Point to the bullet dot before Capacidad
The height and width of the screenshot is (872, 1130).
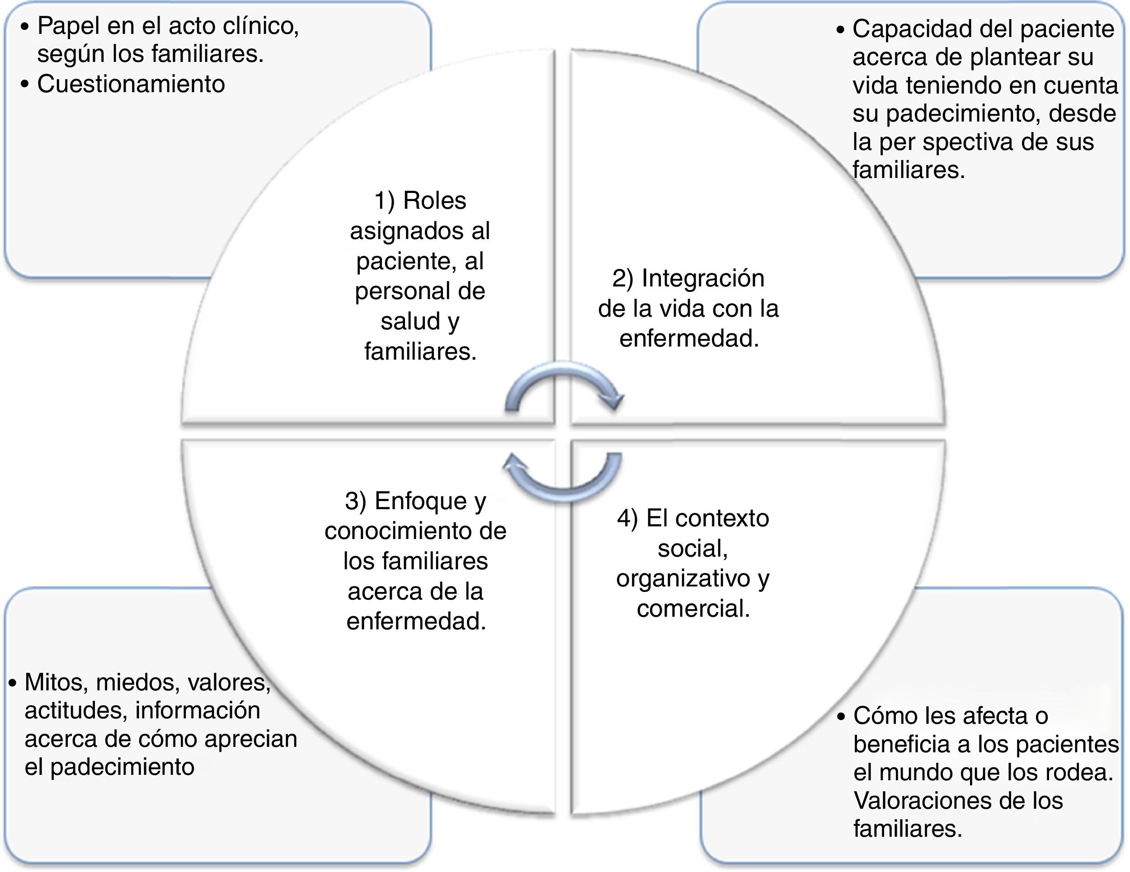[840, 30]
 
